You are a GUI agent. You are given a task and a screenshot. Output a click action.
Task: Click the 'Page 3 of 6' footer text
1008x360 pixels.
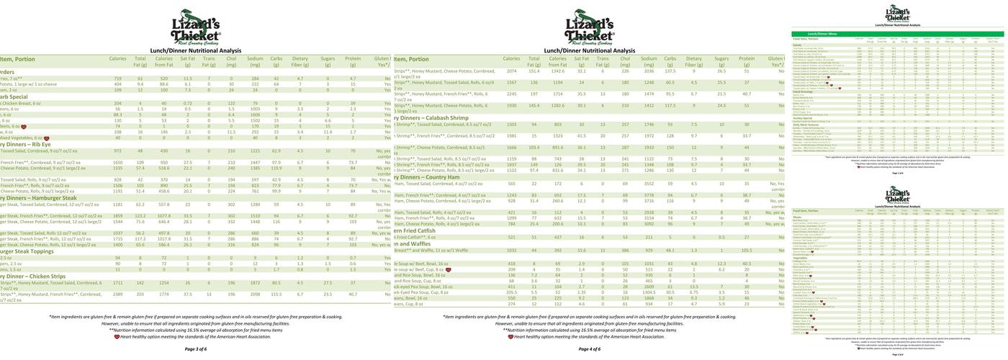pos(195,349)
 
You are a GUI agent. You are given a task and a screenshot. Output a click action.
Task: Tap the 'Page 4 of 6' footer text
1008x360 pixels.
pos(589,349)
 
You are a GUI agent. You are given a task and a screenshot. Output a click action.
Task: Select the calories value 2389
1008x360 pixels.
pos(117,294)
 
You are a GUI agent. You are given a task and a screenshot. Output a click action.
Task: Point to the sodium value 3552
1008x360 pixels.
pos(649,184)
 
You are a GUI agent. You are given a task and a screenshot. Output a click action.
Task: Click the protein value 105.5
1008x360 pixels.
pos(747,251)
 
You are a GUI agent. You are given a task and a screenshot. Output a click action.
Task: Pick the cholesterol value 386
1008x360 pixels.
pos(625,251)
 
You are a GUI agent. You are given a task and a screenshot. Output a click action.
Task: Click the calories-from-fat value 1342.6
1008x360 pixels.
pos(558,71)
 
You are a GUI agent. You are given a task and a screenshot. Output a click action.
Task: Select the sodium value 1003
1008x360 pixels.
pos(255,109)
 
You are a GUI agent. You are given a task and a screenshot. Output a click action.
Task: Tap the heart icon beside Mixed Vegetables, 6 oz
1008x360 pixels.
pos(47,138)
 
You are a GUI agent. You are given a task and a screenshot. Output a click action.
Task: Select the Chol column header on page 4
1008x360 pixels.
pos(625,61)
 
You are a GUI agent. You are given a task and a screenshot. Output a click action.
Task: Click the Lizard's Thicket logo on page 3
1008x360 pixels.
pos(195,27)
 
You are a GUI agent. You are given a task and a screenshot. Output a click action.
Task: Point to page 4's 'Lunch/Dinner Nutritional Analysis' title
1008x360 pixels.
pos(589,50)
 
